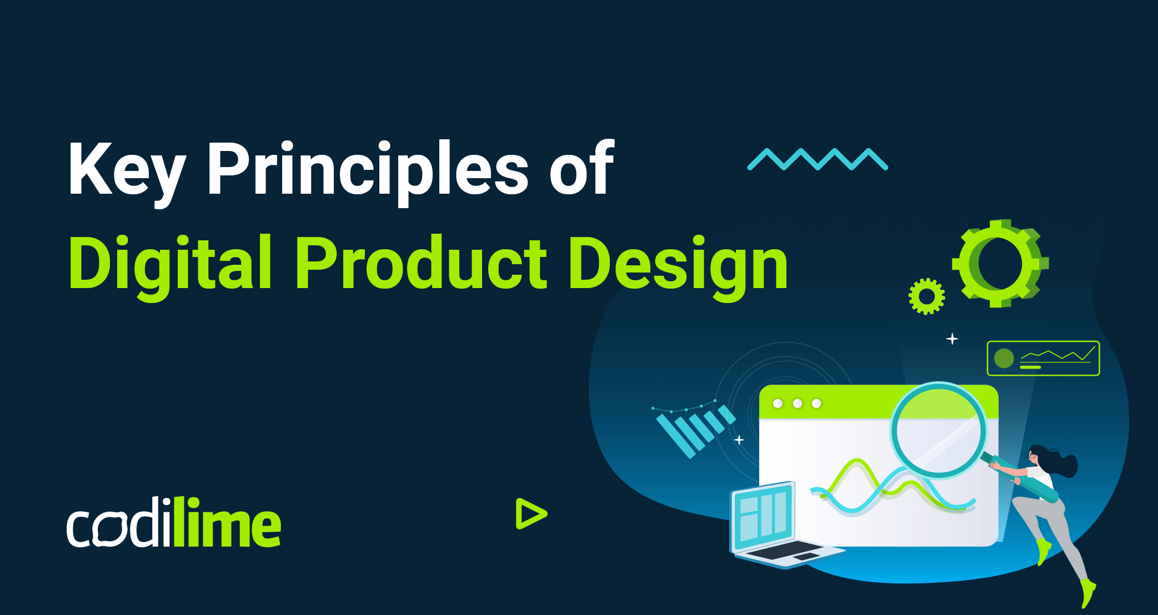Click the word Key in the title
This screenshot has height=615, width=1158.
(x=126, y=169)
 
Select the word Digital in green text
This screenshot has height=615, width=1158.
(x=170, y=264)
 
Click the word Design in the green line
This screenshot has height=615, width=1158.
(x=678, y=264)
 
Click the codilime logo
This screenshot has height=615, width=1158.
(x=174, y=523)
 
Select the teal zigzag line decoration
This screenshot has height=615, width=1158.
(x=818, y=159)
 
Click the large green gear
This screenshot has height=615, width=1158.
(x=1000, y=263)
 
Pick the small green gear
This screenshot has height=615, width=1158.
(x=926, y=296)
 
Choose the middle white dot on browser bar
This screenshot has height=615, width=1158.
(x=798, y=404)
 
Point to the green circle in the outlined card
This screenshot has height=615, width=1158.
(x=1004, y=359)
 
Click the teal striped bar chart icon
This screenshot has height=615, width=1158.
(x=694, y=430)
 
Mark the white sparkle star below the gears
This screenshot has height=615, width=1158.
(x=952, y=339)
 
